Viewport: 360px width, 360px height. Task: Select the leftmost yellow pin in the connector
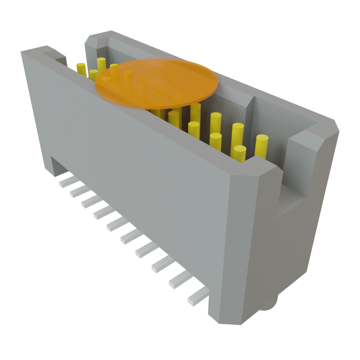pos(81,68)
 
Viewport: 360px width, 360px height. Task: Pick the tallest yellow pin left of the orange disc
pos(101,65)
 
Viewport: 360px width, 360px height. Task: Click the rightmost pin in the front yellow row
pos(239,153)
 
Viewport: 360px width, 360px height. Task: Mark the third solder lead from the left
pos(90,202)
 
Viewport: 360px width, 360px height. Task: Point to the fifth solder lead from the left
pos(117,224)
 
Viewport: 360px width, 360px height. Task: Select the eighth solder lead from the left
pos(162,264)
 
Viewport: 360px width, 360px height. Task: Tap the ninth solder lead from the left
pos(180,280)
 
